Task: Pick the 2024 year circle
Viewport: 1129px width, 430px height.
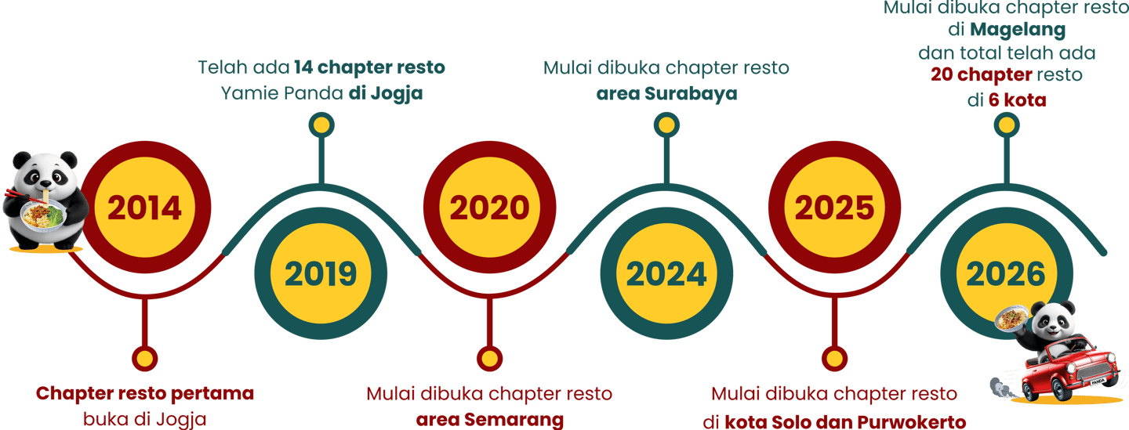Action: coord(666,274)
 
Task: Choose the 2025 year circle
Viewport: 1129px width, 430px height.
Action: coord(833,208)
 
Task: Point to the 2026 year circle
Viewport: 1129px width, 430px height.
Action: coord(1005,274)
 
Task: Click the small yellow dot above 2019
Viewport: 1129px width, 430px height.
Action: coord(321,125)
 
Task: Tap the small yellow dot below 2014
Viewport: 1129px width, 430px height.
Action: coord(145,358)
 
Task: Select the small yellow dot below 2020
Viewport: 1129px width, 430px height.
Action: coord(488,359)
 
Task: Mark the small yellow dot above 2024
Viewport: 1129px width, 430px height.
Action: coord(666,125)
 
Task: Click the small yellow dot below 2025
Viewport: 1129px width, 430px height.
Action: coord(833,358)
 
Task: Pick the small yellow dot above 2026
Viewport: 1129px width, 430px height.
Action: coord(1005,125)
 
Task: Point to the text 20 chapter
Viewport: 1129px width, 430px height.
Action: coord(981,76)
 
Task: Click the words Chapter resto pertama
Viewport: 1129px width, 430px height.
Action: coord(145,393)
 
